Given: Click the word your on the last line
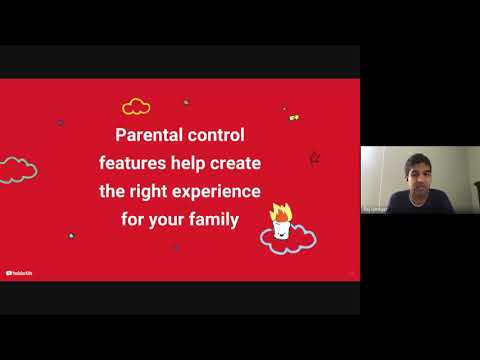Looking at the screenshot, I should click(166, 218).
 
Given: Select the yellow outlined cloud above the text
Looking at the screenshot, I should click(136, 106).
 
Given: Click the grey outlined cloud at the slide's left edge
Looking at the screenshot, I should click(17, 168).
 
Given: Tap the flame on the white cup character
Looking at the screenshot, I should click(280, 212).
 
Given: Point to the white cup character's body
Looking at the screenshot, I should click(281, 229).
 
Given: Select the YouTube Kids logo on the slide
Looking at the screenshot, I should click(18, 273).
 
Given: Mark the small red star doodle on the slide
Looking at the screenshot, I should click(314, 158).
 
